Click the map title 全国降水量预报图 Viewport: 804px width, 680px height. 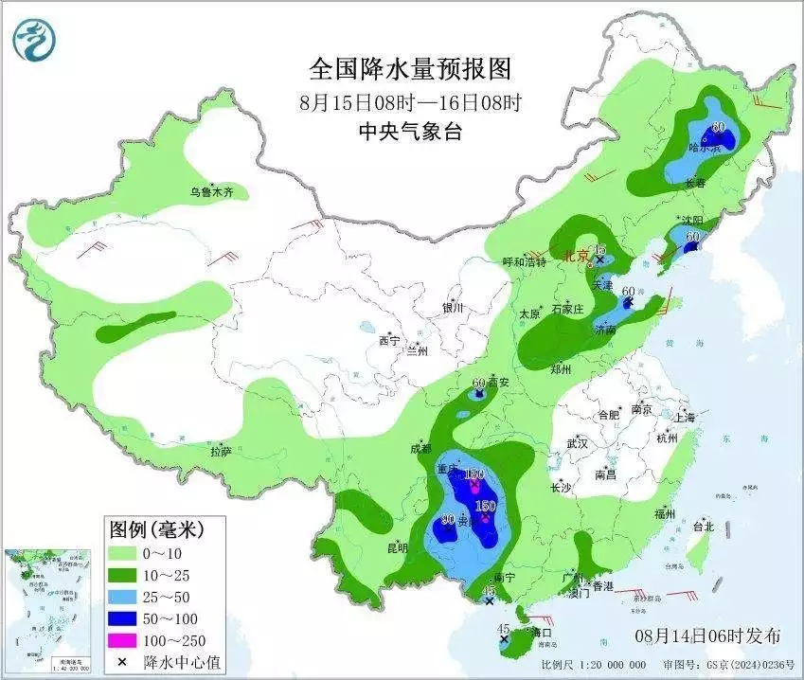click(410, 69)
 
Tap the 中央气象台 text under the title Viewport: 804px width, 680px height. click(410, 132)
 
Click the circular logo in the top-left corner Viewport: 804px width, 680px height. click(34, 39)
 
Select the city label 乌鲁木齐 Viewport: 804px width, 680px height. click(217, 192)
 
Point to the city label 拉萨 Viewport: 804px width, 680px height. click(221, 453)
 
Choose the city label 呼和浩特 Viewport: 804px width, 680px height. click(524, 262)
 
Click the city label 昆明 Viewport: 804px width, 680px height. click(397, 548)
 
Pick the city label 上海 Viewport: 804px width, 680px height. click(686, 418)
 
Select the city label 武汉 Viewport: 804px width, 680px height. click(577, 443)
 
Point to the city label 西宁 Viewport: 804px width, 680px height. click(389, 340)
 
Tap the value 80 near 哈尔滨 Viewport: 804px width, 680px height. click(718, 127)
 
